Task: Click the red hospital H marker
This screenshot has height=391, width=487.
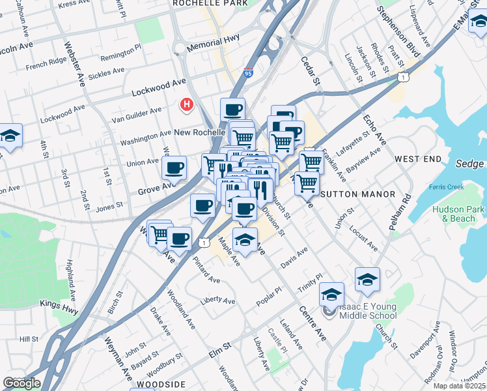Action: tap(188, 104)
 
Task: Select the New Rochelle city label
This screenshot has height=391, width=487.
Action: tap(199, 132)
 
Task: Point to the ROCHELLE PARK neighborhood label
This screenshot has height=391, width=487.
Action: tap(210, 3)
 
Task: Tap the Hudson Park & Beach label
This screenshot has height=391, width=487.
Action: tap(458, 214)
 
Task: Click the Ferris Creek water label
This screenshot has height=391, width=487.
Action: tap(446, 188)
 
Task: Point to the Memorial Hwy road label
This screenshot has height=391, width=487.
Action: tap(213, 48)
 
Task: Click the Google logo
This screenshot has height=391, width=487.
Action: tap(21, 383)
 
